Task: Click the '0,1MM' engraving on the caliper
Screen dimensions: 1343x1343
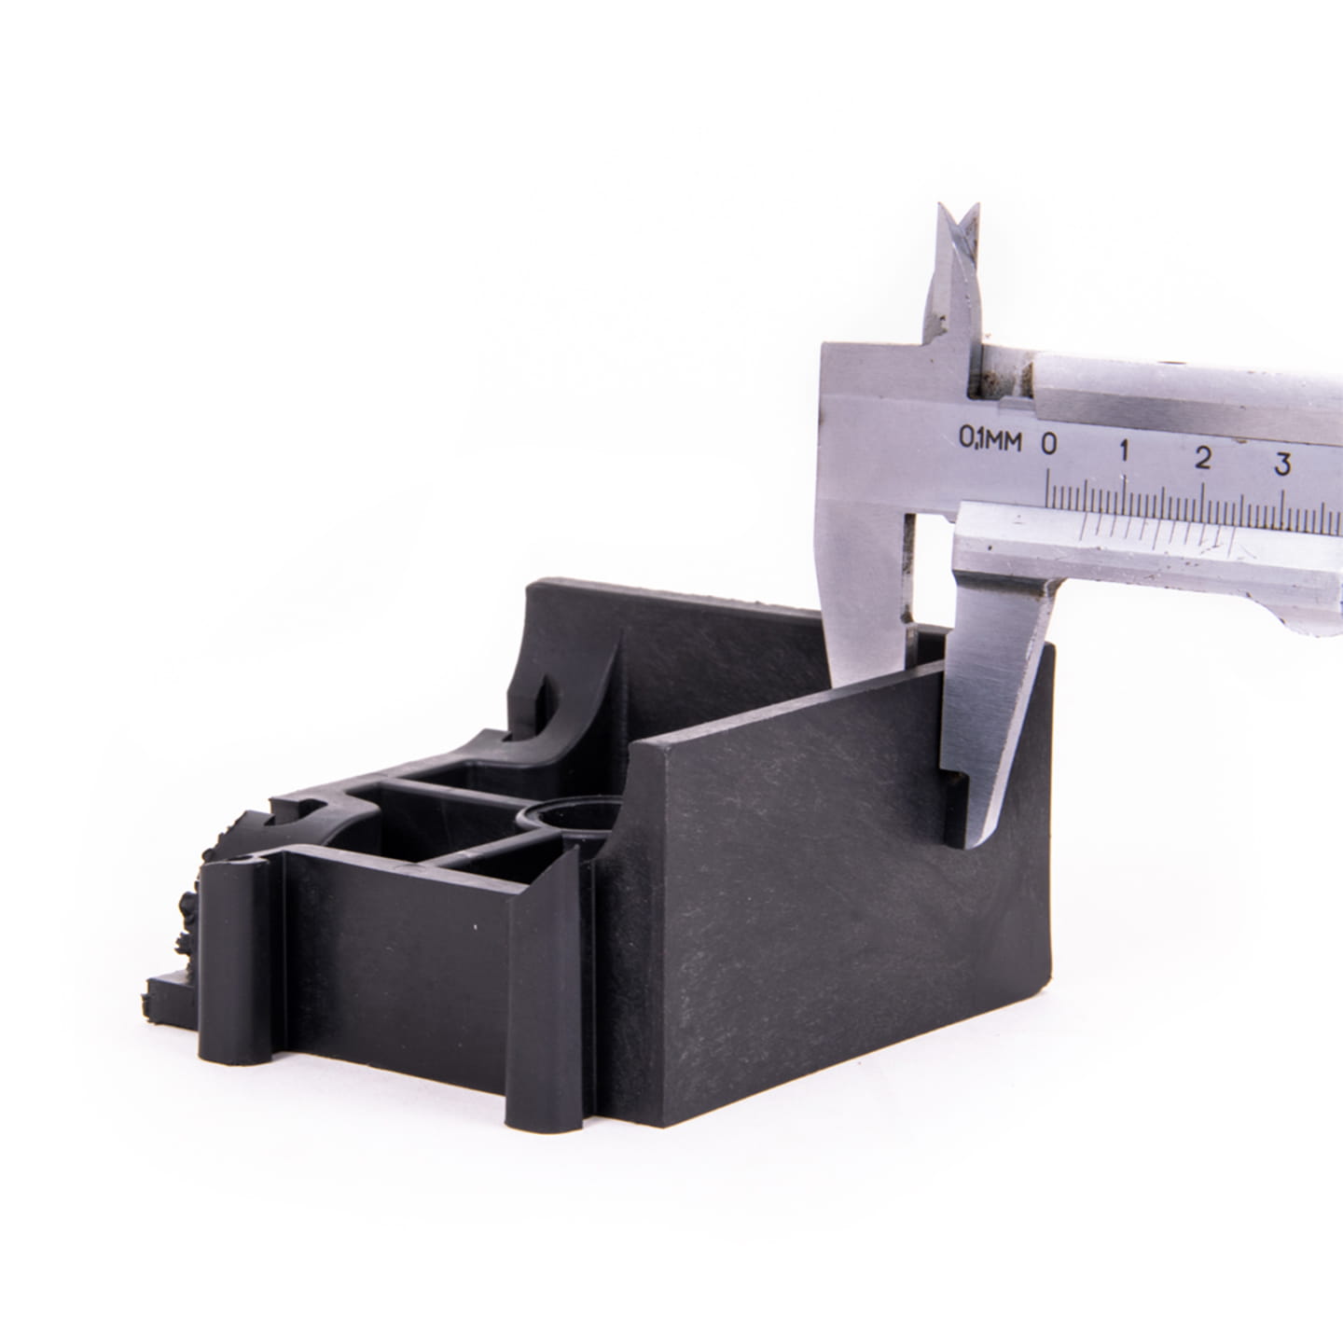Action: (x=990, y=439)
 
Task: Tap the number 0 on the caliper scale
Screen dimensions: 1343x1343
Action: (x=1049, y=443)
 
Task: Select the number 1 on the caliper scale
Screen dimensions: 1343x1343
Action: (x=1124, y=450)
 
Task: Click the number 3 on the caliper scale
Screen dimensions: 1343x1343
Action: (x=1282, y=464)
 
